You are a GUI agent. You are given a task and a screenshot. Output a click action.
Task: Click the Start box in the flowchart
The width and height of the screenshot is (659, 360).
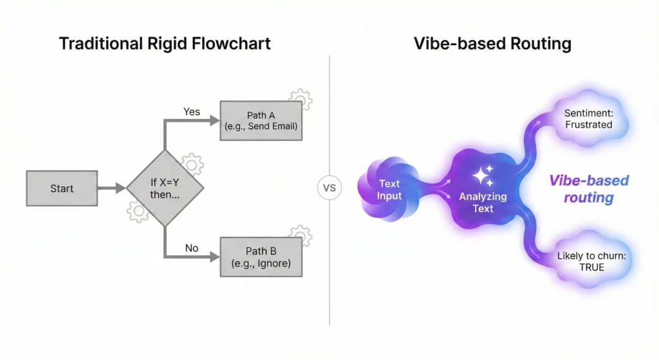[62, 189]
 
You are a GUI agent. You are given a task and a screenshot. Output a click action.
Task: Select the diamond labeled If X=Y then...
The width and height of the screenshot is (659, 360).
[165, 188]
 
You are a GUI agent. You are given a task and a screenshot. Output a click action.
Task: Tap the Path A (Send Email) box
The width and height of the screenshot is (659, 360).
[261, 120]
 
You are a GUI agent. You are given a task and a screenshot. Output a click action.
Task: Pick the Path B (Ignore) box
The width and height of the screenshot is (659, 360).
[261, 257]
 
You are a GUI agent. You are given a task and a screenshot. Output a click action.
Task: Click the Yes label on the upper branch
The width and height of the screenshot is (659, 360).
[192, 111]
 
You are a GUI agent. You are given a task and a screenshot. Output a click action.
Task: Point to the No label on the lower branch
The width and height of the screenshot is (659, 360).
[192, 248]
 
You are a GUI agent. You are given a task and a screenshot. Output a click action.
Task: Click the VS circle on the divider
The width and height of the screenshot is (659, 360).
[329, 189]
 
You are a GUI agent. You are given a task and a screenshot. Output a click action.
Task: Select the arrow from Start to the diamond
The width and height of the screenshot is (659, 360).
[111, 189]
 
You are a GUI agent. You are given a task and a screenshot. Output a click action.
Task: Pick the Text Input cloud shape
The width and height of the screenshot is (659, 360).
[389, 189]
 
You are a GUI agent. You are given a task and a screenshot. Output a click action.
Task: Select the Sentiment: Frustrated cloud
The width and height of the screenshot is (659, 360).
[588, 118]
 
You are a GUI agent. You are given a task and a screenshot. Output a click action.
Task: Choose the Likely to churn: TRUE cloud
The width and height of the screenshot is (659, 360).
[590, 261]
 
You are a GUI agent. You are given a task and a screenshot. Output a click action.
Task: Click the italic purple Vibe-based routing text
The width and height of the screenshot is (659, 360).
[588, 189]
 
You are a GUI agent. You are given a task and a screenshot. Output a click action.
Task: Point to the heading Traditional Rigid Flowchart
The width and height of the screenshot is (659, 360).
[165, 44]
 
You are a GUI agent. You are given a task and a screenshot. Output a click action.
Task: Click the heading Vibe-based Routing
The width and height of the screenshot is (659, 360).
[493, 44]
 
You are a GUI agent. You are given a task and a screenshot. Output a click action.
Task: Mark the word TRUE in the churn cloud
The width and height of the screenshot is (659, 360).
[591, 267]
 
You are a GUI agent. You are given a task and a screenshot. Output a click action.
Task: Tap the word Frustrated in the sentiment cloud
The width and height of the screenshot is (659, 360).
[588, 124]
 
